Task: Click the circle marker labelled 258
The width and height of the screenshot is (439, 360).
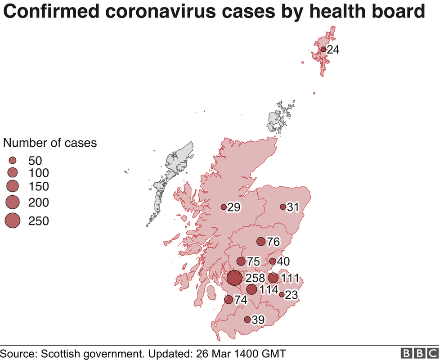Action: point(234,278)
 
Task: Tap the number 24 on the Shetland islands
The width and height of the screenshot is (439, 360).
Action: point(333,49)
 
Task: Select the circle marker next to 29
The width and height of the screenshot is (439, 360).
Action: point(224,207)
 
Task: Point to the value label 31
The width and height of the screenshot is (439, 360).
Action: point(293,207)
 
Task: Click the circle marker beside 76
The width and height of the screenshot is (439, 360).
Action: point(261,242)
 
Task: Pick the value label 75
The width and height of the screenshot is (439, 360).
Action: point(254,262)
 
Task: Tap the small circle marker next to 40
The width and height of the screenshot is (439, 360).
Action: point(272,261)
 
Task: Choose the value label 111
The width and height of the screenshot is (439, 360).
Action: point(290,279)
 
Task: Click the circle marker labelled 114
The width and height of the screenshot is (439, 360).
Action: point(251,289)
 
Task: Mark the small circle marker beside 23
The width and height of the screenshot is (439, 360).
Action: point(282,295)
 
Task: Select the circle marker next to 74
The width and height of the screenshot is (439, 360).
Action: point(228,300)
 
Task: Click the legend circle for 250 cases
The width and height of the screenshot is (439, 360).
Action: point(13,220)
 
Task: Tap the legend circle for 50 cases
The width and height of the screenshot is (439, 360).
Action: point(13,160)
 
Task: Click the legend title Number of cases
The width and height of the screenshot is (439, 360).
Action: point(50,143)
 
